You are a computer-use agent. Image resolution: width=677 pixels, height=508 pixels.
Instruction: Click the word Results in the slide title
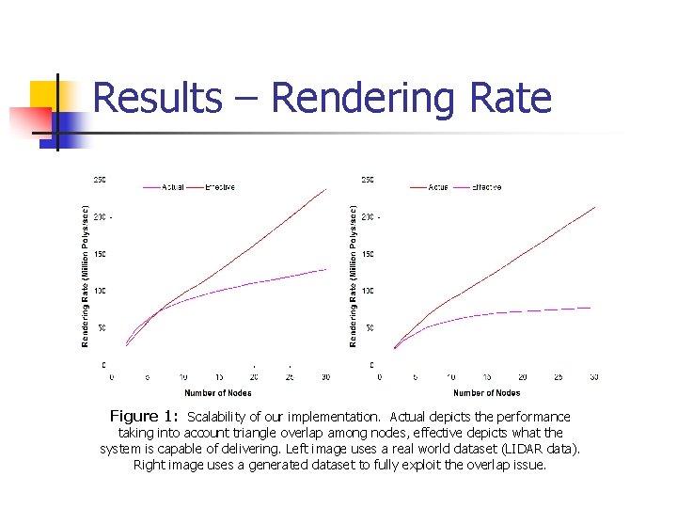click(158, 98)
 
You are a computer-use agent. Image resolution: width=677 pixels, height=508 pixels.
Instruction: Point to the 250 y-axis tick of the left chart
click(99, 180)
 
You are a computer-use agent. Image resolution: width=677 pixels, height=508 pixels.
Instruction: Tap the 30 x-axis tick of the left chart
click(325, 377)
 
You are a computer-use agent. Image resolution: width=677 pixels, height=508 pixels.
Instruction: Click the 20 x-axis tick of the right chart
click(523, 377)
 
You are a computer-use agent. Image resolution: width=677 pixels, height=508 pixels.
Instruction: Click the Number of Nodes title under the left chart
click(218, 393)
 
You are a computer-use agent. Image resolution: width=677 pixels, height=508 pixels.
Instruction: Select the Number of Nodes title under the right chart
click(487, 393)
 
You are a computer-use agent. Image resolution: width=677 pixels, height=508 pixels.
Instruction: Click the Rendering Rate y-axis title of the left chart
click(86, 275)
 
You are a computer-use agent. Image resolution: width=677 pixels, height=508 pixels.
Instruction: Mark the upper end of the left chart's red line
click(325, 189)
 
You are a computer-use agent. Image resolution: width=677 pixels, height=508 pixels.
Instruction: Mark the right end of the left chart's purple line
click(325, 269)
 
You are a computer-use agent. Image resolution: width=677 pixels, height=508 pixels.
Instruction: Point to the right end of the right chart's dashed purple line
click(590, 308)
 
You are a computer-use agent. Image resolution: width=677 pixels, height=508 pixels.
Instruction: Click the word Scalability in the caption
click(219, 417)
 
